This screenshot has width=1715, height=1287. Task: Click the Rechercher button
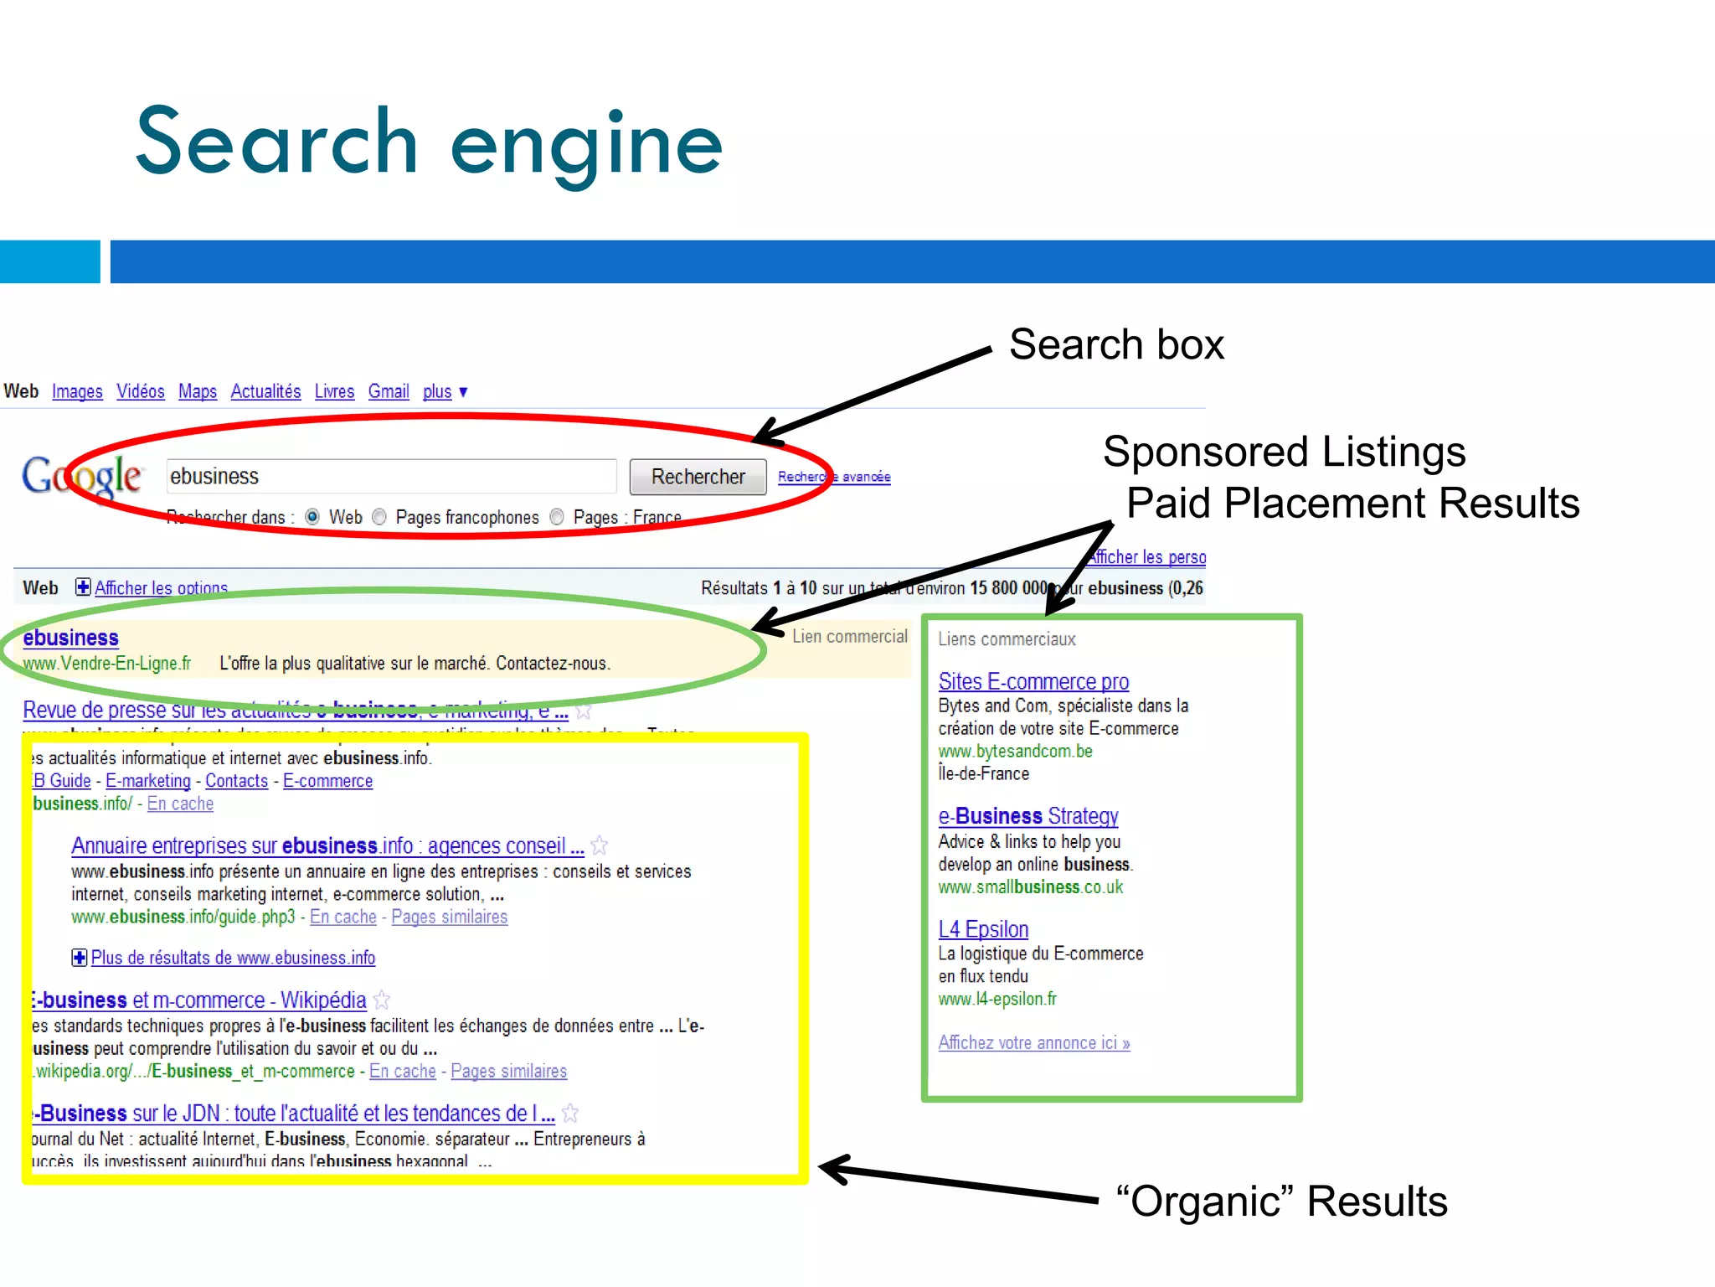point(698,477)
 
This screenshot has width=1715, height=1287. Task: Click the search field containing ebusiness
point(391,476)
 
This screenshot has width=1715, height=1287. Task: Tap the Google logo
point(82,476)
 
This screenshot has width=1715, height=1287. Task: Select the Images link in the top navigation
point(77,391)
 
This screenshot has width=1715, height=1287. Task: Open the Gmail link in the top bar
point(389,391)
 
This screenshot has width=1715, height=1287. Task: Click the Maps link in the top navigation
point(198,391)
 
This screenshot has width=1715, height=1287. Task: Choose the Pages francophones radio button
point(379,517)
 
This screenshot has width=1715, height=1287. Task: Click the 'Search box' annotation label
point(1116,344)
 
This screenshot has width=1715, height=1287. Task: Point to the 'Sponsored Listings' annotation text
point(1284,452)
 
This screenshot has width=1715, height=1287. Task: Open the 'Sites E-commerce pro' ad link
point(1033,681)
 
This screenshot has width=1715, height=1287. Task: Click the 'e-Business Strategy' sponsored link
point(1028,816)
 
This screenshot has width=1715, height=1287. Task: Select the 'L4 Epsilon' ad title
point(983,929)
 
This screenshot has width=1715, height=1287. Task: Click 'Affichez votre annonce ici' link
point(1034,1043)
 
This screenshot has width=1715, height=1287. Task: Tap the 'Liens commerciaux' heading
point(1007,639)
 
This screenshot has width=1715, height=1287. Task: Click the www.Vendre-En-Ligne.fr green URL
point(107,664)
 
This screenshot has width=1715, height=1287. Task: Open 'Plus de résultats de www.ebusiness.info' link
point(232,958)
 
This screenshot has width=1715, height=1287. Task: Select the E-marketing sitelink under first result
point(148,781)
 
